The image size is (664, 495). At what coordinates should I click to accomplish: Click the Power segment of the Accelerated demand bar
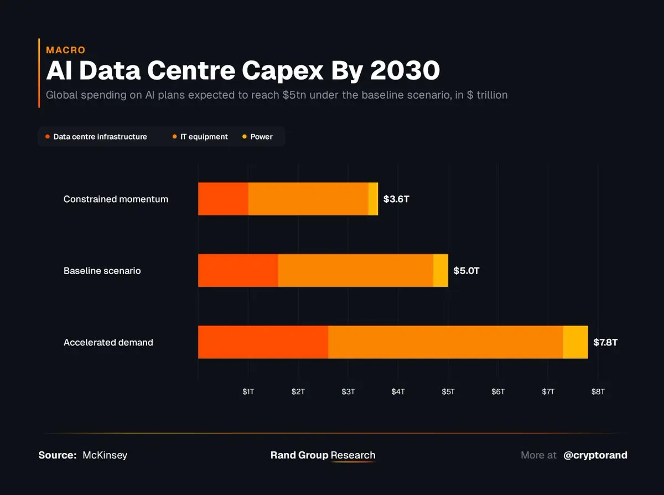point(575,342)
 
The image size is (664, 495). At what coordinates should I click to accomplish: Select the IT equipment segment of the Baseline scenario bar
point(355,271)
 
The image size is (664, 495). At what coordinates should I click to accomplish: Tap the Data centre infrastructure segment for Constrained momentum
point(223,199)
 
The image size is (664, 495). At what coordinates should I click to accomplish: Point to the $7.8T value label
point(605,342)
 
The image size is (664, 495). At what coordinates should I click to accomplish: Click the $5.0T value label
point(466,271)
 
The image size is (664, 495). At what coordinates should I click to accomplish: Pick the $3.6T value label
point(396,199)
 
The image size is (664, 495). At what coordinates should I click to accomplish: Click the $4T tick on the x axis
point(398,391)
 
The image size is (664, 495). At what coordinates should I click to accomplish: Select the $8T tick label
point(598,391)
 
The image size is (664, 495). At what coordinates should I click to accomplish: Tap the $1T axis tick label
point(248,391)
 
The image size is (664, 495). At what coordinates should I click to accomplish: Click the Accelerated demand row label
point(108,342)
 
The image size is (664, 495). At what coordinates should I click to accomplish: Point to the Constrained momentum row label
point(116,199)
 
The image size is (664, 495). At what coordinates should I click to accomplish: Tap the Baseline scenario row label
point(102,271)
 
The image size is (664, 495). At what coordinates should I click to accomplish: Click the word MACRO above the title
point(65,50)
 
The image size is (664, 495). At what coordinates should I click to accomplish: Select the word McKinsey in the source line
point(105,455)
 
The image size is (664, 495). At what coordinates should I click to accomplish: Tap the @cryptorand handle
point(595,455)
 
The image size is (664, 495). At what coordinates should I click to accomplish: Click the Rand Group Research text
point(323,455)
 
